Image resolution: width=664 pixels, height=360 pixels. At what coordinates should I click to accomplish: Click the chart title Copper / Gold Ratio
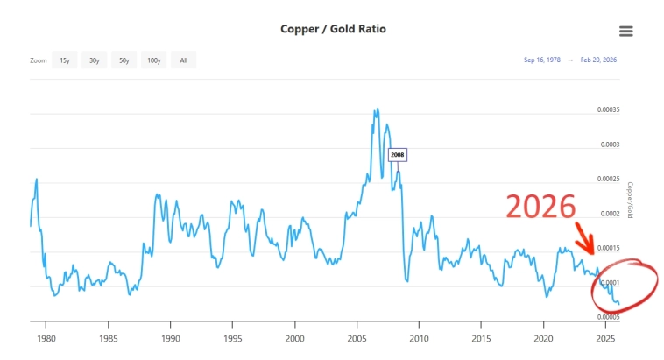tap(333, 29)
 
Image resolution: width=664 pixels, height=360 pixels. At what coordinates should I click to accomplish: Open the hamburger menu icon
tap(625, 31)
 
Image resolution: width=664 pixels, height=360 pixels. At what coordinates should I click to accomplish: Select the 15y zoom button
tap(64, 60)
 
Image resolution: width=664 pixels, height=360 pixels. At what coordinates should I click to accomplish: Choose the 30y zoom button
tap(94, 60)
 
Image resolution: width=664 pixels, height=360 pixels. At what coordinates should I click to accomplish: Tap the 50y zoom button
tap(124, 60)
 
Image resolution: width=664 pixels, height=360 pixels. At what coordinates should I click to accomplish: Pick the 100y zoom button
tap(154, 60)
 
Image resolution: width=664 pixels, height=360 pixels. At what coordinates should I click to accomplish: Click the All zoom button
tap(183, 60)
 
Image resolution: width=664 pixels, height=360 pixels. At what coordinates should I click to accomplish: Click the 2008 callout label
tap(398, 155)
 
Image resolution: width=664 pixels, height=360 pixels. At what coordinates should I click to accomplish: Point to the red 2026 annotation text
tap(540, 207)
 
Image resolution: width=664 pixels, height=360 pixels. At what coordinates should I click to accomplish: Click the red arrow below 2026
tap(585, 238)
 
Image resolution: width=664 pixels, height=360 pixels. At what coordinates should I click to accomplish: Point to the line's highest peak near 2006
tap(377, 109)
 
